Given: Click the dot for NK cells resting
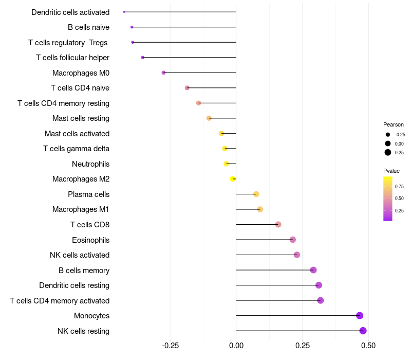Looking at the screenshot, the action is tap(363, 331).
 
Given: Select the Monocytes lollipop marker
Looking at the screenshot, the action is tap(360, 316).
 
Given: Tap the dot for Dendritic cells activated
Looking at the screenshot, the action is tap(124, 12).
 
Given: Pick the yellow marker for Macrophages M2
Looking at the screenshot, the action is tap(233, 179).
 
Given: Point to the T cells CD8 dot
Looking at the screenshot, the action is tap(278, 225).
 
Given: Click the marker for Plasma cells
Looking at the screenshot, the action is tap(256, 194).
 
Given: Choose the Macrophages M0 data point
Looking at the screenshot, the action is tap(163, 73).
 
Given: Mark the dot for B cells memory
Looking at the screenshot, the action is tap(313, 270).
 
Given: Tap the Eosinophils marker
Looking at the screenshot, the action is tap(292, 240).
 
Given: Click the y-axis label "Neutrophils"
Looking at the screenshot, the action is tap(91, 164).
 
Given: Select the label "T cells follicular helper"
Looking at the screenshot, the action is tap(72, 58).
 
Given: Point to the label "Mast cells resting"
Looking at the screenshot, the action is tap(81, 118).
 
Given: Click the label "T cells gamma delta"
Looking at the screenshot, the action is tap(76, 149).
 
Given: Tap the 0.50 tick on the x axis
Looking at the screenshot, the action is tap(368, 346).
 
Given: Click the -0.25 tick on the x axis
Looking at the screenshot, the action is tap(170, 346).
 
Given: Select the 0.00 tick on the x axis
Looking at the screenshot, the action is tap(236, 346).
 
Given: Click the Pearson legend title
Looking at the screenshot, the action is tap(394, 124).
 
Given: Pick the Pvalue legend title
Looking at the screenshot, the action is tap(391, 171).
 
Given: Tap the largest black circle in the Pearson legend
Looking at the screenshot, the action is tap(388, 152).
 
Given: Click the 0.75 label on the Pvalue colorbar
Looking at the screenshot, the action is tap(399, 187).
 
